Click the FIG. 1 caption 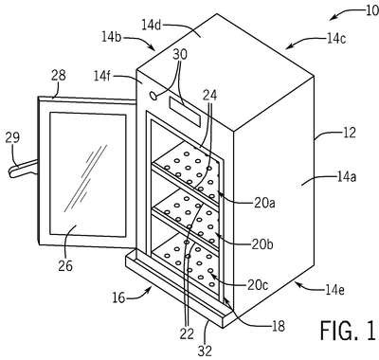pos(349,330)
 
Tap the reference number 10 pos(372,10)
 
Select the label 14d pos(152,26)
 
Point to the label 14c pos(335,38)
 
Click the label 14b pos(111,37)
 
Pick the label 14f pos(102,76)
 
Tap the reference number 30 pos(180,54)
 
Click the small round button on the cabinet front pos(153,96)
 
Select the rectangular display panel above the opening pos(185,112)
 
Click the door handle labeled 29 pos(22,169)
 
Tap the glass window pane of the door pos(87,174)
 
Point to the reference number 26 pos(65,265)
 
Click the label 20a pos(264,203)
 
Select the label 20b pos(262,244)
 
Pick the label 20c pos(258,285)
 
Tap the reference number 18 pos(279,326)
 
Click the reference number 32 pos(205,351)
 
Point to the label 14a pos(346,177)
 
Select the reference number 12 pos(349,133)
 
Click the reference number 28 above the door pos(59,75)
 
